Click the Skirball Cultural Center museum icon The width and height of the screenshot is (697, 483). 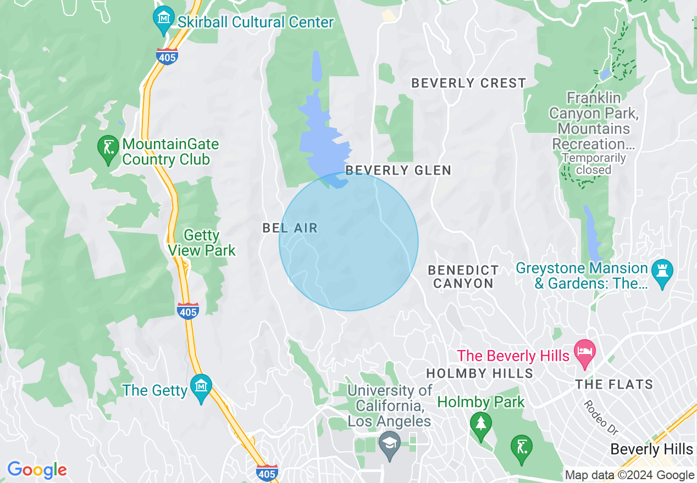[163, 18]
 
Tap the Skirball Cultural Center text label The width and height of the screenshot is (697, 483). [256, 23]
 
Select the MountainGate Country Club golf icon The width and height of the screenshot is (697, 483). [108, 148]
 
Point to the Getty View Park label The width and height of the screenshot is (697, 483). [202, 243]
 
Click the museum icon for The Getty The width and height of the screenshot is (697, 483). [201, 386]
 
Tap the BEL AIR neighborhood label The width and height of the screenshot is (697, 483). [290, 228]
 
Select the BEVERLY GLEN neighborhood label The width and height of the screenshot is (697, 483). [399, 170]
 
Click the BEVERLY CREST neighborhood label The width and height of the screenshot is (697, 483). [469, 83]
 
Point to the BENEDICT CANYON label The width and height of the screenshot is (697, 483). [463, 277]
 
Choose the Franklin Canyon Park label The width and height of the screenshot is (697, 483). [594, 121]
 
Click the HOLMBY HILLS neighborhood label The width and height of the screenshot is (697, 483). [480, 374]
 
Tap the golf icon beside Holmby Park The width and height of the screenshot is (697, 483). [521, 445]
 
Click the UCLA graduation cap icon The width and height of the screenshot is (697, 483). [390, 442]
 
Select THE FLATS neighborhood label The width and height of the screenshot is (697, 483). [614, 384]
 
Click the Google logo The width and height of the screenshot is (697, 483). [37, 470]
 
